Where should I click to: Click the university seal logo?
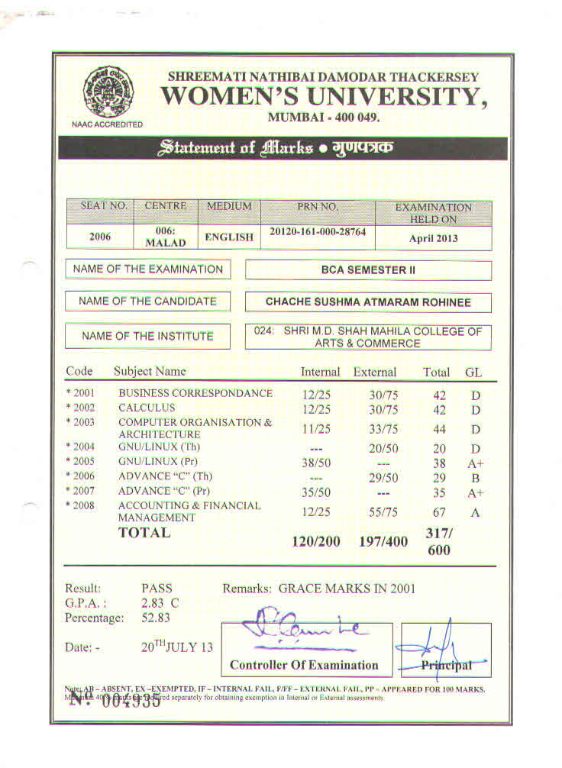coord(107,91)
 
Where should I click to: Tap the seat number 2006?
coord(100,237)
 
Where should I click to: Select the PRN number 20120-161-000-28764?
coord(318,231)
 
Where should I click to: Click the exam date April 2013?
coord(433,237)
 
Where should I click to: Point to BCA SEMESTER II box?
coord(368,270)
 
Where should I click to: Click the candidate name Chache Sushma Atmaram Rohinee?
coord(368,302)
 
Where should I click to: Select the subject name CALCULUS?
coord(147,408)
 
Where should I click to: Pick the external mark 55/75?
coord(376,512)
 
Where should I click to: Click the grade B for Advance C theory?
coord(475,478)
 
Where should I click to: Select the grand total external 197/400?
coord(383,541)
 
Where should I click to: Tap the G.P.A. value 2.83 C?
coord(160,603)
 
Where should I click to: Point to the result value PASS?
coord(157,589)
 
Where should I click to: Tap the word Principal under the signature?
coord(447,665)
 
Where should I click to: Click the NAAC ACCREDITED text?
coord(108,124)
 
